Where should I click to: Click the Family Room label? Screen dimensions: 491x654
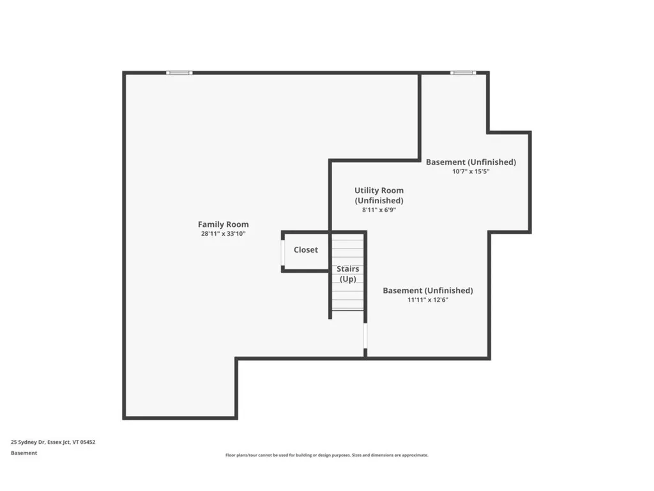[223, 224]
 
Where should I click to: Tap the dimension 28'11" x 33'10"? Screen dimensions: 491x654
[223, 234]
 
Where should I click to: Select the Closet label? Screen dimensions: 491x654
[305, 250]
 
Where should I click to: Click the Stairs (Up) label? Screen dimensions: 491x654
[347, 274]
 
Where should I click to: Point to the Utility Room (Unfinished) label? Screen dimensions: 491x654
[379, 195]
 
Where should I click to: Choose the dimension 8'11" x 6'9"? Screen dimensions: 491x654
[379, 210]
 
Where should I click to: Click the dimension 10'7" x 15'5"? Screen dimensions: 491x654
[471, 171]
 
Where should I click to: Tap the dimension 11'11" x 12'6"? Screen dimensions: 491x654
[427, 300]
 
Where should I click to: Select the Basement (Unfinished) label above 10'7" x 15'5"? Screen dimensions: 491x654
[471, 162]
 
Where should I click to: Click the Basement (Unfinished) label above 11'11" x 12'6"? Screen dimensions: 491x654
[427, 290]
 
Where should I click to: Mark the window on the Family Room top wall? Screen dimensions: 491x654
[179, 73]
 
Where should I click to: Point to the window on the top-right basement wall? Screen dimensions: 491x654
[462, 73]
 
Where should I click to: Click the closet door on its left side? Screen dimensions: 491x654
[283, 251]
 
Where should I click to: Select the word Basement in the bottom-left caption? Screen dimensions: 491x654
[24, 453]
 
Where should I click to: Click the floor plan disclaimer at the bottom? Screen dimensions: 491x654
[326, 455]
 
